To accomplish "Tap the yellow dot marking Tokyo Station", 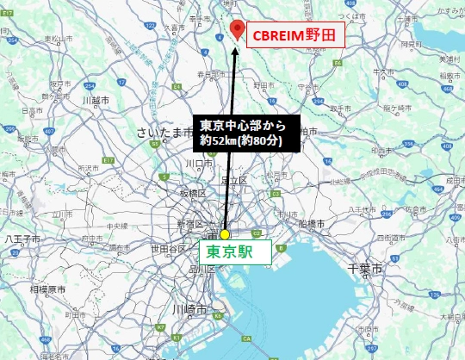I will click(x=225, y=234).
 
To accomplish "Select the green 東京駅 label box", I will click(x=235, y=253).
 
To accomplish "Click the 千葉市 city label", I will click(x=370, y=269).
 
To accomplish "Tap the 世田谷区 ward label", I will click(x=170, y=249).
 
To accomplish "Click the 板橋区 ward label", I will click(x=190, y=195).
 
